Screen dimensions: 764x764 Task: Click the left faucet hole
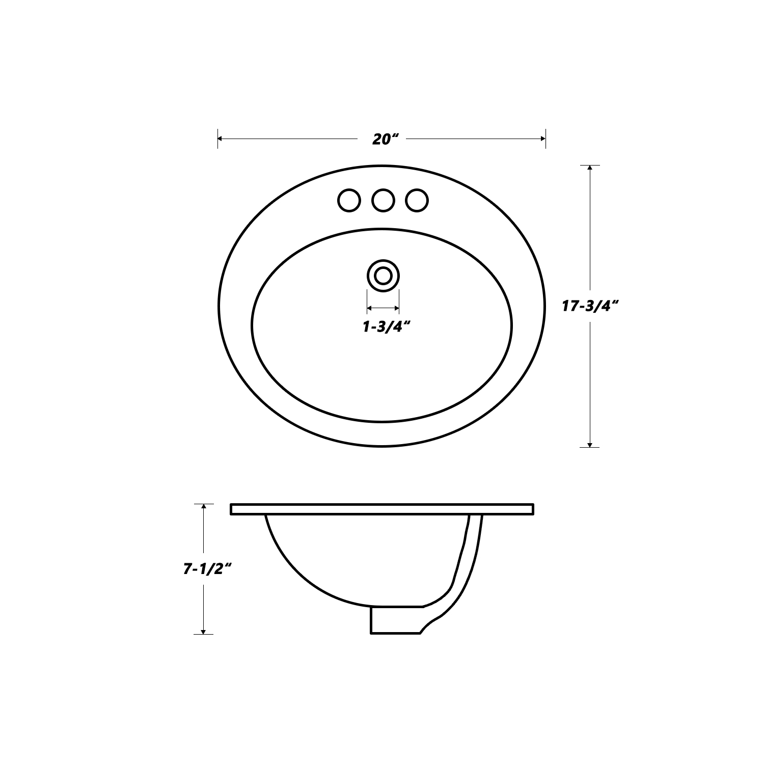coord(349,200)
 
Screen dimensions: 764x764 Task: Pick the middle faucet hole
coord(383,200)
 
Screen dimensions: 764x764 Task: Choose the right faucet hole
coord(417,200)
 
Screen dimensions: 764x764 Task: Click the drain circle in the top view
coord(383,276)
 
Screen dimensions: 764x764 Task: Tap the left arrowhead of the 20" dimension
coord(221,138)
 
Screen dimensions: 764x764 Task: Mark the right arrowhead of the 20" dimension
coord(542,138)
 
